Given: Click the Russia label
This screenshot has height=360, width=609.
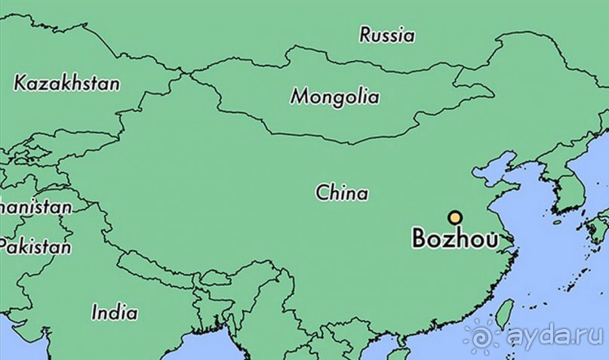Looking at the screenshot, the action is tap(386, 35).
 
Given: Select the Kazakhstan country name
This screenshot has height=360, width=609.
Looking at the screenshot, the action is tap(66, 83).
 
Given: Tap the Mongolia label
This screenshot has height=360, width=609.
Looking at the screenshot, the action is tap(335, 97).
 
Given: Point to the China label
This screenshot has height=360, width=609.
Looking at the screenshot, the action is tap(342, 193).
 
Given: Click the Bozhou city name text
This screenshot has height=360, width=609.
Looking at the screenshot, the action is tap(454, 238).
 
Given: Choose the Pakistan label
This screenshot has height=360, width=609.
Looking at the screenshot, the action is tap(35, 247).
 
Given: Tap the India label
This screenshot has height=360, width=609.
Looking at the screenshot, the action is tap(114, 312).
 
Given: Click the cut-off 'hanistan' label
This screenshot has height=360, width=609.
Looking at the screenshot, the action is tap(35, 206).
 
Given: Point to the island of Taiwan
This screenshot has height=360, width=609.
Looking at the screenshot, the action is tap(503, 313).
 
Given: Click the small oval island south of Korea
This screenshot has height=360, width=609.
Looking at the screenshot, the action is tap(557, 222).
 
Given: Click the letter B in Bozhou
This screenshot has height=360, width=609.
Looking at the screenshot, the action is tap(420, 239).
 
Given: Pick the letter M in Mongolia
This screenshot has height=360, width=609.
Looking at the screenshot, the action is tap(300, 97).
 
